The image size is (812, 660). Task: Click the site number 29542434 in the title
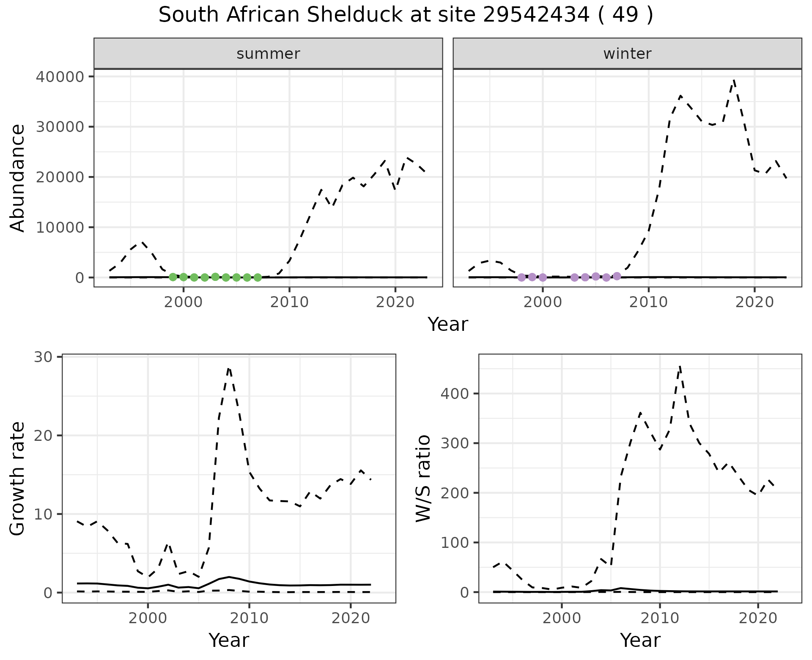coord(536,15)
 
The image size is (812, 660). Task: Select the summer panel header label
coord(268,54)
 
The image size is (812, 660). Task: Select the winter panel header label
coord(627,54)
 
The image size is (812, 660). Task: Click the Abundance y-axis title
coord(17,178)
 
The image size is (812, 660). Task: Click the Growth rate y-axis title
coord(17,479)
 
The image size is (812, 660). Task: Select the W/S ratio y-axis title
coord(423,478)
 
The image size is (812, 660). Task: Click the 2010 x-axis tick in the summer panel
coord(289,302)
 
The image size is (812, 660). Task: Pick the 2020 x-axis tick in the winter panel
coord(754,302)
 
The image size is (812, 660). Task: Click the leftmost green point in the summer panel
coord(173,277)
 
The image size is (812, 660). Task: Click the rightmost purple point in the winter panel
coord(617,276)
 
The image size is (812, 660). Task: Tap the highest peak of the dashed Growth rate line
coord(229,368)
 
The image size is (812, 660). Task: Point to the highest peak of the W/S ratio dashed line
coord(680,366)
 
